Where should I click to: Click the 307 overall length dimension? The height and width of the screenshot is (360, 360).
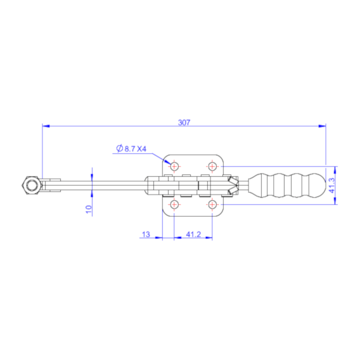(x=184, y=123)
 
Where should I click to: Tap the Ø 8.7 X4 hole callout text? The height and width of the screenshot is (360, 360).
(x=131, y=149)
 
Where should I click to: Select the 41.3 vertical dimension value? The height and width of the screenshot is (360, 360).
(x=332, y=185)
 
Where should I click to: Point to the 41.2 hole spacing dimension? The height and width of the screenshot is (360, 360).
(x=193, y=235)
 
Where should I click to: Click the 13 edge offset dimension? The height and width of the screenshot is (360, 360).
(x=146, y=235)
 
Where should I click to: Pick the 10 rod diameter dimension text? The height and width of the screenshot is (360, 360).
(x=89, y=209)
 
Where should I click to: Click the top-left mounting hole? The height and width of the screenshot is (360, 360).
(x=174, y=166)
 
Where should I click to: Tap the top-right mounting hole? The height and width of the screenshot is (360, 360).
(x=212, y=166)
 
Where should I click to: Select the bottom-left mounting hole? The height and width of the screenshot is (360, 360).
(x=174, y=204)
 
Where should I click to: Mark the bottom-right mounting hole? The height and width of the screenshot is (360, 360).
(x=212, y=204)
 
